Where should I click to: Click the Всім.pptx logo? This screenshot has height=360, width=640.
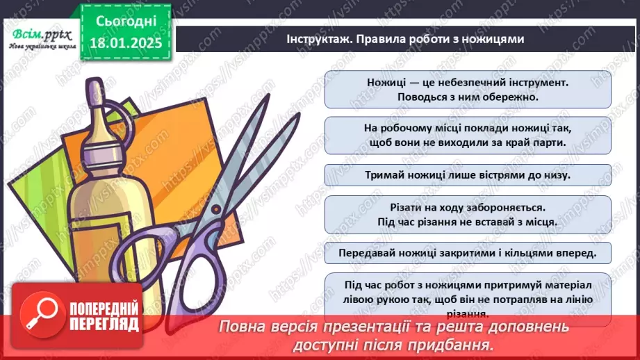40,34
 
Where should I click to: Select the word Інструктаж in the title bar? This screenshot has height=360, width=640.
316,39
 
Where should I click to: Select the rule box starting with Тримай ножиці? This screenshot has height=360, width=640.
468,175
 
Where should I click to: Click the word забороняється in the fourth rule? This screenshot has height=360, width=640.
511,207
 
